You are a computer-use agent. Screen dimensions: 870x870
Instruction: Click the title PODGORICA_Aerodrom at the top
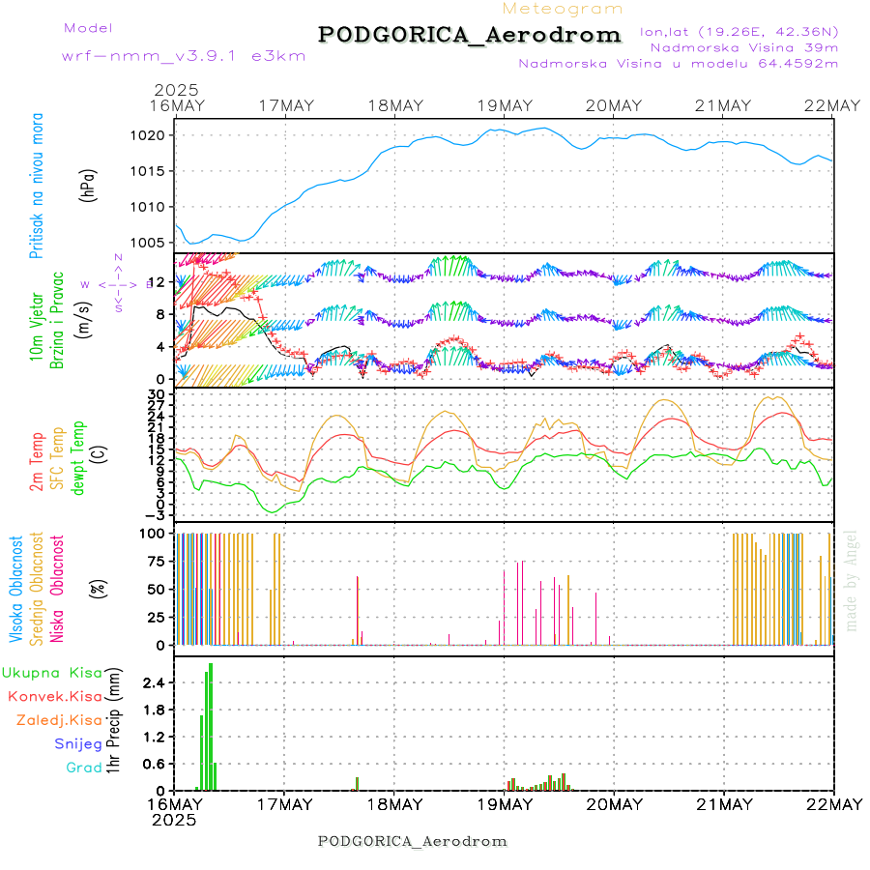coord(469,35)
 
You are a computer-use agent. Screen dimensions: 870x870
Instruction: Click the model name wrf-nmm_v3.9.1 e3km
coord(184,56)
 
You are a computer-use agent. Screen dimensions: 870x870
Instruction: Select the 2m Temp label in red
coord(37,462)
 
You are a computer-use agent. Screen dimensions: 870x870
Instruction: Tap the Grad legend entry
coord(83,768)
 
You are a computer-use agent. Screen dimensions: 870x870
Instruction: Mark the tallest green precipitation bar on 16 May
coord(211,726)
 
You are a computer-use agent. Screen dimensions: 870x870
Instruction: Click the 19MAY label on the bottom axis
coord(504,804)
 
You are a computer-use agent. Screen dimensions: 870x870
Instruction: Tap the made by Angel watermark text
coord(852,580)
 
